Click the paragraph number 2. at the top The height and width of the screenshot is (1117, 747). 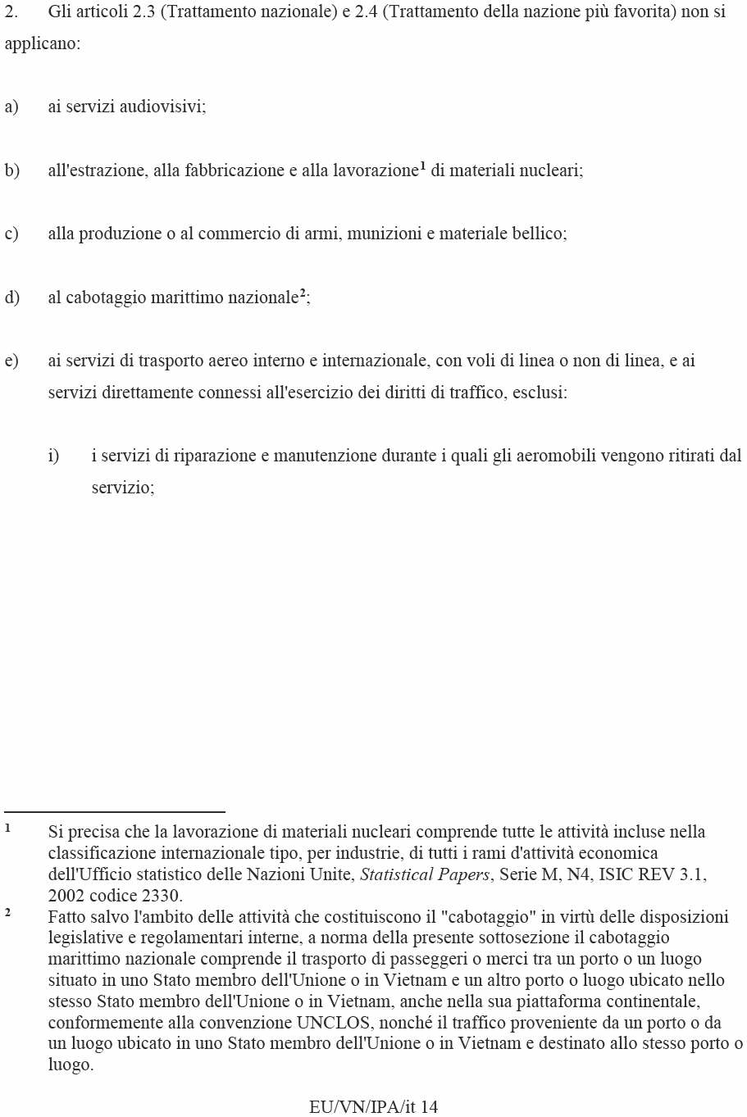pyautogui.click(x=11, y=12)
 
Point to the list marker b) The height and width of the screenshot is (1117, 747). pyautogui.click(x=11, y=170)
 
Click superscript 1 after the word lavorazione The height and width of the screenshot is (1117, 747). pyautogui.click(x=422, y=166)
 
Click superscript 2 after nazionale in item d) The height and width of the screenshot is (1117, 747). pyautogui.click(x=303, y=293)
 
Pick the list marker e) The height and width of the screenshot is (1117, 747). pyautogui.click(x=11, y=361)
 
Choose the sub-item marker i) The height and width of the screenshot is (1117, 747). pyautogui.click(x=53, y=456)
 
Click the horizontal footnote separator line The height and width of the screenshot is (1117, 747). pyautogui.click(x=115, y=811)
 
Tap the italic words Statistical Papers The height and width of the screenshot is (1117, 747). pyautogui.click(x=424, y=874)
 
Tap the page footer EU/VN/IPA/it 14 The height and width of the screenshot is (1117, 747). pyautogui.click(x=373, y=1106)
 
